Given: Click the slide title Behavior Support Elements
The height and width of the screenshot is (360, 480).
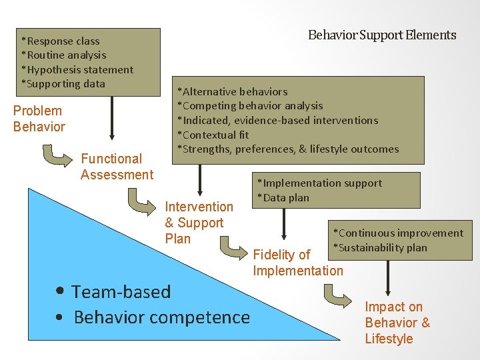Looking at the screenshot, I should (382, 35).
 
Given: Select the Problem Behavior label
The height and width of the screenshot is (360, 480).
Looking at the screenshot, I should (39, 119).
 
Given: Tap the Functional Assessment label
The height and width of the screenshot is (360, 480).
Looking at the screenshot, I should (117, 167).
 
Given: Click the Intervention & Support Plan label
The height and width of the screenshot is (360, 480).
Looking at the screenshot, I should (199, 223).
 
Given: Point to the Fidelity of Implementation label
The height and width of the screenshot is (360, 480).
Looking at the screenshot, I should (297, 263).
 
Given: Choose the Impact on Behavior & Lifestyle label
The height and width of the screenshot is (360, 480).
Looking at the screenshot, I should (397, 323).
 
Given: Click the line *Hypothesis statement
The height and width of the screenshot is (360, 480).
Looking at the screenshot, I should (77, 69).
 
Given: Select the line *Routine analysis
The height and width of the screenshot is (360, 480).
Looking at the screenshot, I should (64, 55).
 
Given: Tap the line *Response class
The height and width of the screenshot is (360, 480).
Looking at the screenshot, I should (61, 41).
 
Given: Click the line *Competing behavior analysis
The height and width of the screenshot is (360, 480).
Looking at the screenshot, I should (249, 106).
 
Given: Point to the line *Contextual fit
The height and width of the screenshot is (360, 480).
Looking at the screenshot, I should (212, 135).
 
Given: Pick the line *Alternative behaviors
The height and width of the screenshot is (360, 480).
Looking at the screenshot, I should (232, 92).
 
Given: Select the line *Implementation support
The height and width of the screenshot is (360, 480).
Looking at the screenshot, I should (320, 183).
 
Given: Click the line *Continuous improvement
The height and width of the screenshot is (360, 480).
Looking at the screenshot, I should (398, 233).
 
